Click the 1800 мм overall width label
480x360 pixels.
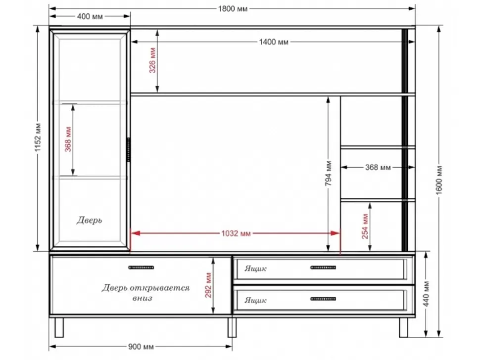pos(233,8)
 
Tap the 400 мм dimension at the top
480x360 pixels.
pos(90,16)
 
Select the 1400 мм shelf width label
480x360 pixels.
pos(274,42)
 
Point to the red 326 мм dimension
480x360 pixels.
pos(152,60)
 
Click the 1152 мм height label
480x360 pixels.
pos(38,137)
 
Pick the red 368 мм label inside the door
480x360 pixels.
pos(68,139)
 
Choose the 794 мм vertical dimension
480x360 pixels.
pos(328,173)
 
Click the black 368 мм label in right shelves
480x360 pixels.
pos(378,167)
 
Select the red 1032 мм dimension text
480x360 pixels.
pos(236,233)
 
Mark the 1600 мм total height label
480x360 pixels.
pos(439,180)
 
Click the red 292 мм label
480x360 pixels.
pos(208,285)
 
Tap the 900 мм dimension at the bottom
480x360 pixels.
pos(141,347)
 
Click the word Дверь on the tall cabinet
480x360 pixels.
pos(89,220)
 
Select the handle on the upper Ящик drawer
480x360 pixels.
pos(323,268)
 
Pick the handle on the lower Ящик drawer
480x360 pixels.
pos(323,299)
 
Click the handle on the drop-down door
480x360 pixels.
pos(141,268)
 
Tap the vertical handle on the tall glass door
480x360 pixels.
pos(129,149)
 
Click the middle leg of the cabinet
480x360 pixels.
pos(232,327)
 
